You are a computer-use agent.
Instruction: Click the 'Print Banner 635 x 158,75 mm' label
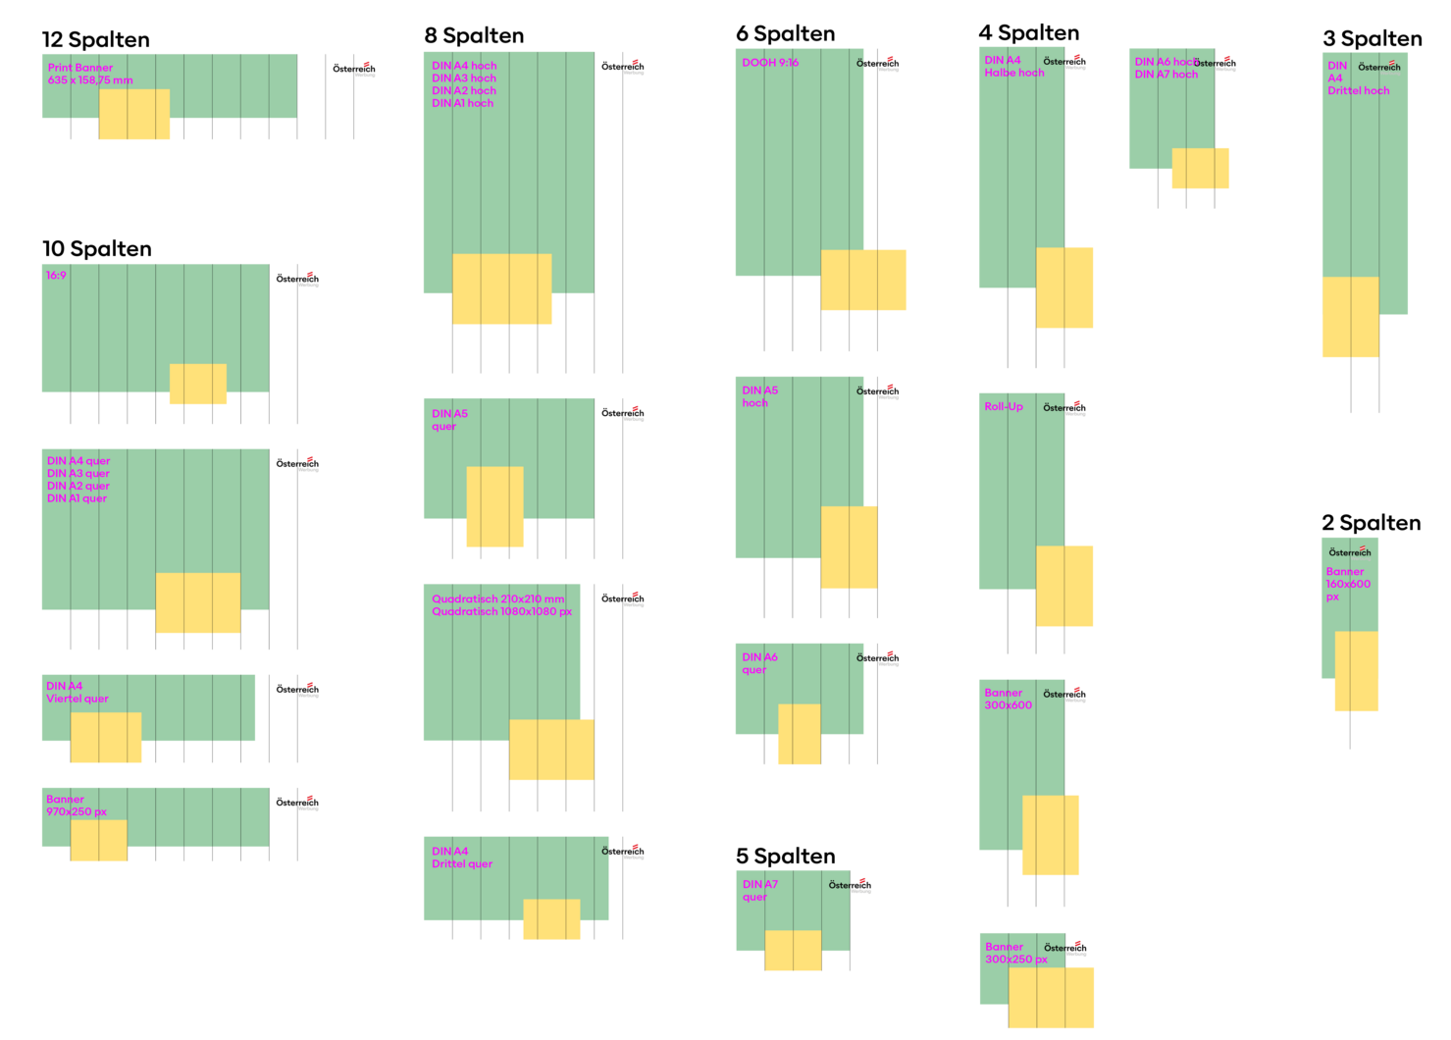[x=89, y=74]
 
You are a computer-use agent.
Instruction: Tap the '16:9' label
[x=56, y=276]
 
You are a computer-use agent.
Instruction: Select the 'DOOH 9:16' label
[x=770, y=63]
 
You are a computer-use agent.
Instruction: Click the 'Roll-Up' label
[x=1004, y=407]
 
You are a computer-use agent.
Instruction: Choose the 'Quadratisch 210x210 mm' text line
[x=498, y=598]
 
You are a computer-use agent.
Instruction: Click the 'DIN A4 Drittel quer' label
[x=462, y=858]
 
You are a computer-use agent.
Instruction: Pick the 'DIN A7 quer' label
[x=759, y=891]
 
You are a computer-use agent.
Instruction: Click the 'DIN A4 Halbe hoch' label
[x=1013, y=67]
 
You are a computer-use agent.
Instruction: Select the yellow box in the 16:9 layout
[x=198, y=384]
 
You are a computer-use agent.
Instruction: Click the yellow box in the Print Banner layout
[x=134, y=114]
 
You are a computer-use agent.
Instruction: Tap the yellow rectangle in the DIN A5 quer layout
[x=494, y=506]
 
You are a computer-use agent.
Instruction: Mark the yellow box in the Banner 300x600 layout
[x=1050, y=835]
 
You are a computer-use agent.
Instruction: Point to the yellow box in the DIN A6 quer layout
[x=800, y=734]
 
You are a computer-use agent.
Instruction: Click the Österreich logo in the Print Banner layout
[x=354, y=70]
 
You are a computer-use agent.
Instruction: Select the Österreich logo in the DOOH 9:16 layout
[x=877, y=64]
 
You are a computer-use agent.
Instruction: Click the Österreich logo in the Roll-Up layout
[x=1064, y=408]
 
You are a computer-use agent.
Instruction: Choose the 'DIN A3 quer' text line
[x=78, y=473]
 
